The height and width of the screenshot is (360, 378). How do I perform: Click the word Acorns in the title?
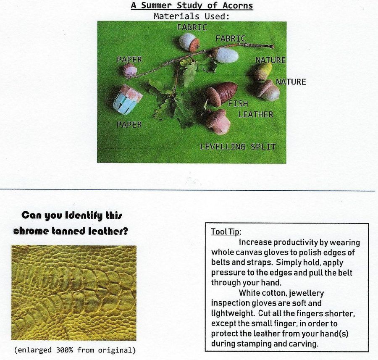237,5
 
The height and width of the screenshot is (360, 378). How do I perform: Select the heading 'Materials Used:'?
192,16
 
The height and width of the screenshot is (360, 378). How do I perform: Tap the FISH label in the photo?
238,103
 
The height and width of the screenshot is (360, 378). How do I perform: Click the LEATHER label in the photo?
256,114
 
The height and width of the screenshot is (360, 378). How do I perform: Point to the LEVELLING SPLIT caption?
238,147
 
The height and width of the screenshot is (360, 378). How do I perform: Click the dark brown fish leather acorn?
221,93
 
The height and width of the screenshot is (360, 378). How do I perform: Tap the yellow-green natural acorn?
263,71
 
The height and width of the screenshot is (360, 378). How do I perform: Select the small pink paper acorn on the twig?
129,70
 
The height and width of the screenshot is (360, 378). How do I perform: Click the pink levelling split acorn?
218,121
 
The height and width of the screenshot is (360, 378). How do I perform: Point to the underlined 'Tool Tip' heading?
226,232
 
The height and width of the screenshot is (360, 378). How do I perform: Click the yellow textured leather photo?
74,293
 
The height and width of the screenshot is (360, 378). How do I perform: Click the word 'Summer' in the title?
157,5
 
